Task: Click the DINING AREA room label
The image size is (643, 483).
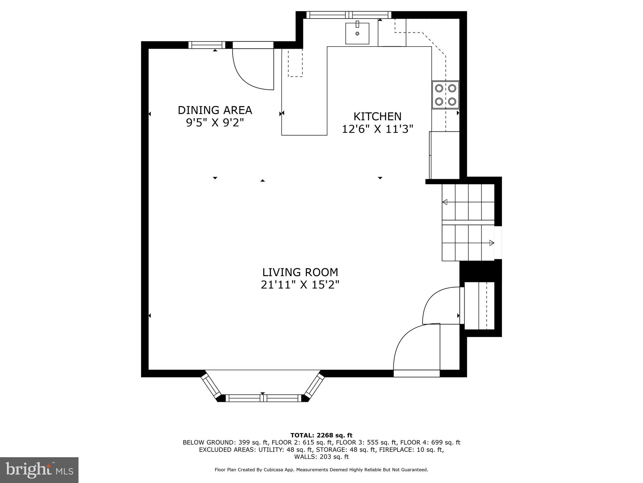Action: coord(215,110)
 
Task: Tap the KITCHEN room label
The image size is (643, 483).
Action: coord(377,116)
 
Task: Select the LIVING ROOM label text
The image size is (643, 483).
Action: coord(300,272)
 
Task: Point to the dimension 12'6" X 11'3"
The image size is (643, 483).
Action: coord(377,129)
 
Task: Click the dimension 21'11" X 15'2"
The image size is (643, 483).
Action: coord(300,285)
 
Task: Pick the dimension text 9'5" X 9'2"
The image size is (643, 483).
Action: coord(215,123)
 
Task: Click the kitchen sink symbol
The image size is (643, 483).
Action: coord(357,33)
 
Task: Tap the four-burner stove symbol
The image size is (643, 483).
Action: coord(446,95)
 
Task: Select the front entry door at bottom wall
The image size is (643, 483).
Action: coord(417,373)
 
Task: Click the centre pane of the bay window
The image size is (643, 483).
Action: coord(263,398)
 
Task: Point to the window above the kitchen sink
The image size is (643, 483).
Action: coord(349,15)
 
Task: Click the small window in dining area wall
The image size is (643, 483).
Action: coord(207,45)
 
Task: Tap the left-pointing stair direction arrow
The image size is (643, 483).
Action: coord(445,202)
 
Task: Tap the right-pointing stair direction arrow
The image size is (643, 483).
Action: coord(491,243)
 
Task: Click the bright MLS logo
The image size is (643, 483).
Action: coord(39,470)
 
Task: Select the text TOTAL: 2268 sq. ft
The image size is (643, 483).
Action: coord(321,435)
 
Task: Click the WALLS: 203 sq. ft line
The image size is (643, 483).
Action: coord(321,457)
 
